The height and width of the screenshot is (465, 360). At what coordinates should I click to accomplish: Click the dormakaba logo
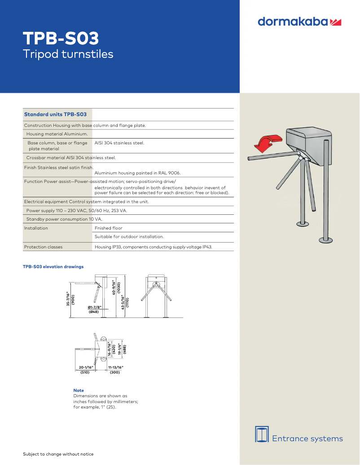(x=300, y=22)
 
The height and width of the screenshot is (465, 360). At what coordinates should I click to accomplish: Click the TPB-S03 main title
(x=61, y=39)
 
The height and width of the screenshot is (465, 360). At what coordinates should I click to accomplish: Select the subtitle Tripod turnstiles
(x=68, y=54)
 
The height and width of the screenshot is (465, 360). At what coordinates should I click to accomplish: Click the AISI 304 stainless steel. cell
(x=119, y=143)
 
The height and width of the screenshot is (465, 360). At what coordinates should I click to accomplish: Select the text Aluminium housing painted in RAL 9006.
(x=138, y=172)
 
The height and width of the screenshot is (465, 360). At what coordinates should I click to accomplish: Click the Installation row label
(x=36, y=228)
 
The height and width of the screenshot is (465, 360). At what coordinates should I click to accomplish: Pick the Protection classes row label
(x=43, y=247)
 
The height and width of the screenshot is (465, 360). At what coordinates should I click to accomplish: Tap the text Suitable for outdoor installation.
(x=129, y=236)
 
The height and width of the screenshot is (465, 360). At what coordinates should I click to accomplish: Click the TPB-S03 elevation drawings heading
(x=53, y=267)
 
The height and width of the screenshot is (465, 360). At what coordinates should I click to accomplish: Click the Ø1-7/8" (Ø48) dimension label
(x=94, y=309)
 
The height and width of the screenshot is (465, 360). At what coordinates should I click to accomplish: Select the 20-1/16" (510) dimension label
(x=84, y=369)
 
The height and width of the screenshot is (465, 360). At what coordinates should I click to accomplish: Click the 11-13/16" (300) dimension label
(x=115, y=369)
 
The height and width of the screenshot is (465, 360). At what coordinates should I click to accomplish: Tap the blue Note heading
(x=79, y=391)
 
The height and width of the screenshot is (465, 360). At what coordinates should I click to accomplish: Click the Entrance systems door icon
(x=262, y=434)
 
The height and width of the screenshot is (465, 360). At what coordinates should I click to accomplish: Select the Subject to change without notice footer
(x=58, y=454)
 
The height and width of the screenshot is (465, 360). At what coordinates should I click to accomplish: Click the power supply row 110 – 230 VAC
(x=76, y=210)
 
